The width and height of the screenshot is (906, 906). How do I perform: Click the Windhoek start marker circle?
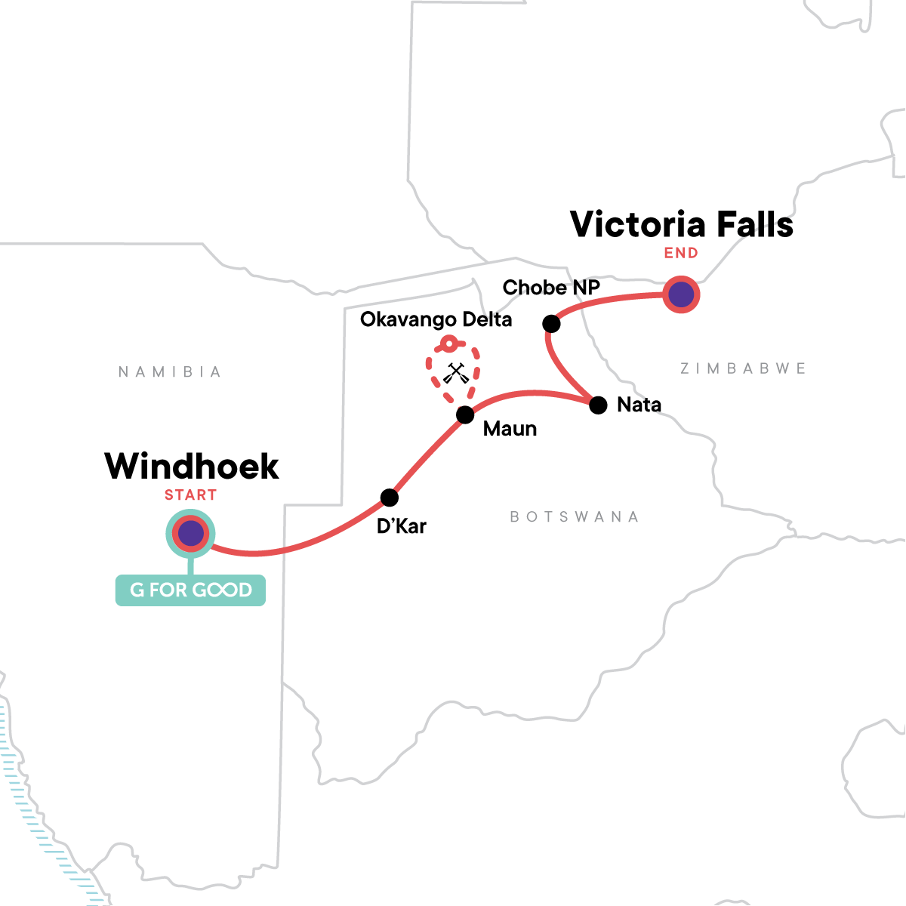[190, 534]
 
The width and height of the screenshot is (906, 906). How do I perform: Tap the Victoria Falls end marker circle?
[681, 294]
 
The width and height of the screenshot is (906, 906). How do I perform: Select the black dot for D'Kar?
[390, 498]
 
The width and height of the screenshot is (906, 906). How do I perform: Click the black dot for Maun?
[465, 414]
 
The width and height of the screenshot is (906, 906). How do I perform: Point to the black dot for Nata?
[598, 405]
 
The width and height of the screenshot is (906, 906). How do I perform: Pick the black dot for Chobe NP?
[551, 323]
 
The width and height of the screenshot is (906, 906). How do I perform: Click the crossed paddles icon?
[455, 373]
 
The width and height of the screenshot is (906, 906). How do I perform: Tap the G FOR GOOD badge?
[190, 590]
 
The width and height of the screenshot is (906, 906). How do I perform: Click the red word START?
[190, 495]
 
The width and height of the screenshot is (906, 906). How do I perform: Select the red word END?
[681, 254]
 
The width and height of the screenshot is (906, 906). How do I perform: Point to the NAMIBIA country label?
[170, 372]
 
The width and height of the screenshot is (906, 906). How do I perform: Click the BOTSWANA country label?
[575, 516]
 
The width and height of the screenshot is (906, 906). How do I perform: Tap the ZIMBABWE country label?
[744, 368]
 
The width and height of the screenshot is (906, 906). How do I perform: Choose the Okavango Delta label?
[436, 319]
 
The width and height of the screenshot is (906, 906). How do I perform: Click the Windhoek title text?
[191, 467]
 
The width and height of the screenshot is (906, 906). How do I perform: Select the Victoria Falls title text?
[682, 224]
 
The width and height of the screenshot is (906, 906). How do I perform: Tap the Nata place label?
[639, 405]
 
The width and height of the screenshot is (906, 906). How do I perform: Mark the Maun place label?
[510, 429]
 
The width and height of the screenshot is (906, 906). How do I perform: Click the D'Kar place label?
[402, 526]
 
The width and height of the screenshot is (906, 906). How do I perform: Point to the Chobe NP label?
[551, 287]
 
